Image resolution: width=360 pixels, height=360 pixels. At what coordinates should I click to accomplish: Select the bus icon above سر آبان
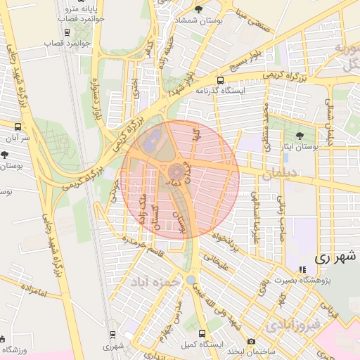pyautogui.click(x=18, y=127)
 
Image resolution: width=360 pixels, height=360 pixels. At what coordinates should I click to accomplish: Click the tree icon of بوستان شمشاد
pyautogui.click(x=199, y=10)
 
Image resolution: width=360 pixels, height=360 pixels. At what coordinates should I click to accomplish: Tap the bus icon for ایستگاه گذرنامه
pyautogui.click(x=221, y=80)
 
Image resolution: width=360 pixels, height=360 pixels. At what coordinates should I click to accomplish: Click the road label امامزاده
pyautogui.click(x=33, y=288)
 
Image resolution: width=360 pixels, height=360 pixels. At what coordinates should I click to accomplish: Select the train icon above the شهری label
pyautogui.click(x=112, y=335)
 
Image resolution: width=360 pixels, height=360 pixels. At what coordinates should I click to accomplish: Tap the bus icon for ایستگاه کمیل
pyautogui.click(x=202, y=334)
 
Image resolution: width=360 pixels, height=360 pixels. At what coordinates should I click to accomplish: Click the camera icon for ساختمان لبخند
pyautogui.click(x=251, y=341)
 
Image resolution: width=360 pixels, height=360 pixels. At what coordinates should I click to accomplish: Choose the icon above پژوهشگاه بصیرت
pyautogui.click(x=302, y=269)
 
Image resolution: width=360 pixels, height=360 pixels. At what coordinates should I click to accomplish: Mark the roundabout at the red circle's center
pyautogui.click(x=176, y=172)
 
